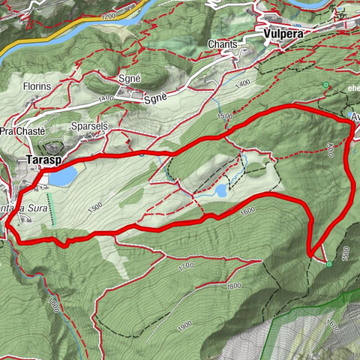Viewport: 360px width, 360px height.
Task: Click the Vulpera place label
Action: (283, 33)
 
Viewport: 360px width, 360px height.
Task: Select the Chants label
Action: (223, 44)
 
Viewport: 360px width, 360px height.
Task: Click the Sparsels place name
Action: (89, 126)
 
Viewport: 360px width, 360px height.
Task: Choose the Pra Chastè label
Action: (19, 131)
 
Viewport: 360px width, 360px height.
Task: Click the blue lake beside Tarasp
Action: (63, 175)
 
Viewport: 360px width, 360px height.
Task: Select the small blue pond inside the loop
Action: (221, 191)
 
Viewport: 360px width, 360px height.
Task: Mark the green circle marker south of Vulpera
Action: (326, 85)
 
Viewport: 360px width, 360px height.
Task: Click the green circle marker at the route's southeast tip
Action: (329, 263)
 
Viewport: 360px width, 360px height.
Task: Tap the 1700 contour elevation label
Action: (186, 265)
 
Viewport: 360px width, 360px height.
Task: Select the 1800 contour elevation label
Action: (233, 286)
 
